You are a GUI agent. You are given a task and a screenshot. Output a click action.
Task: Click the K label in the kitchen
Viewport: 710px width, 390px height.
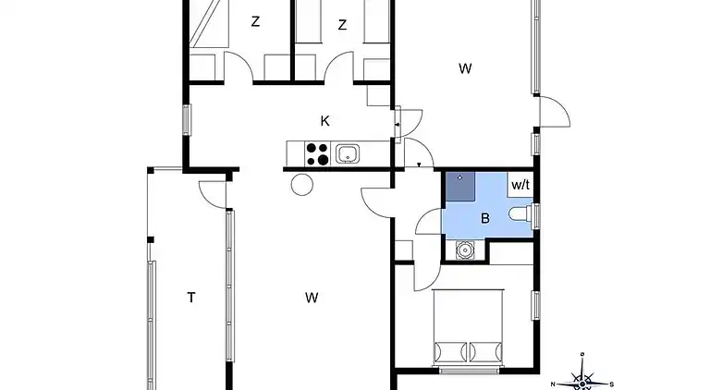point(324,121)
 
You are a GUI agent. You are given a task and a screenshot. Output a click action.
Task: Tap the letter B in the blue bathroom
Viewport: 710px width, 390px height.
point(485,218)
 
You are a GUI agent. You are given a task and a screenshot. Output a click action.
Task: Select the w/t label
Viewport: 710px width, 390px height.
point(520,185)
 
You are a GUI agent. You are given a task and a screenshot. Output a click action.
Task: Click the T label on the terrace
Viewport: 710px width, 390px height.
point(191,298)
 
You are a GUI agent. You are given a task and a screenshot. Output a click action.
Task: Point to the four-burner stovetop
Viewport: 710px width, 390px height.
point(317,153)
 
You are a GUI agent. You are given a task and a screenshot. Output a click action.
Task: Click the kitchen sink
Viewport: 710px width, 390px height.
point(348,153)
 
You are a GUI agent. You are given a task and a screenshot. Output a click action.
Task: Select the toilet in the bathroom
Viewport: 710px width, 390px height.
point(520,213)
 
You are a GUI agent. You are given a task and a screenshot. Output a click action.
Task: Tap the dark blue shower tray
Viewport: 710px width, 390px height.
point(460,186)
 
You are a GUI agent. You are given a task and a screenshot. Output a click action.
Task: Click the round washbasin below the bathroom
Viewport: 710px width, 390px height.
point(464,250)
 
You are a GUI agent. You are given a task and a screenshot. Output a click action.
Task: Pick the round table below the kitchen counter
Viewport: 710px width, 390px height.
point(302,185)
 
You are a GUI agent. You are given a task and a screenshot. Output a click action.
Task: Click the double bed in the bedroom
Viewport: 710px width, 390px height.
point(468,326)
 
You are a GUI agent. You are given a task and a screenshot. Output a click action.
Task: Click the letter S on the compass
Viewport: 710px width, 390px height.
point(612,384)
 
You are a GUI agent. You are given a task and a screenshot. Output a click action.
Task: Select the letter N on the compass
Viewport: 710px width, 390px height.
point(553,384)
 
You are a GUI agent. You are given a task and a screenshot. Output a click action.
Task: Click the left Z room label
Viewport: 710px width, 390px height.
point(255,21)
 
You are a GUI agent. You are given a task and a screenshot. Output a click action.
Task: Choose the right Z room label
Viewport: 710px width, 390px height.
point(342,24)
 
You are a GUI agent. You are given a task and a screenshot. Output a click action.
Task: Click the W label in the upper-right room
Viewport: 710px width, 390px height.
point(465,68)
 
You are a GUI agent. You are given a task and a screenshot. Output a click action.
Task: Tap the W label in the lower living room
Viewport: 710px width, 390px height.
point(312,298)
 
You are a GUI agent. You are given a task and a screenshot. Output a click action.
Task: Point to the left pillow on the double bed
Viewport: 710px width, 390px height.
point(450,352)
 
